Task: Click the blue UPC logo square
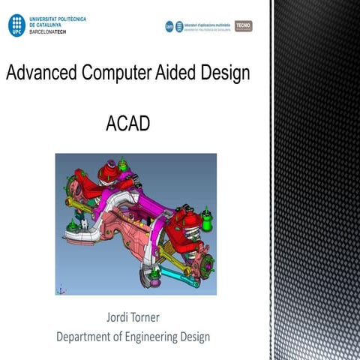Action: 15,25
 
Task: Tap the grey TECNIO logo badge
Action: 244,26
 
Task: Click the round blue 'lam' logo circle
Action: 169,26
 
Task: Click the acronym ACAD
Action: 128,122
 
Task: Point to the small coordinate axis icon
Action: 61,287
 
